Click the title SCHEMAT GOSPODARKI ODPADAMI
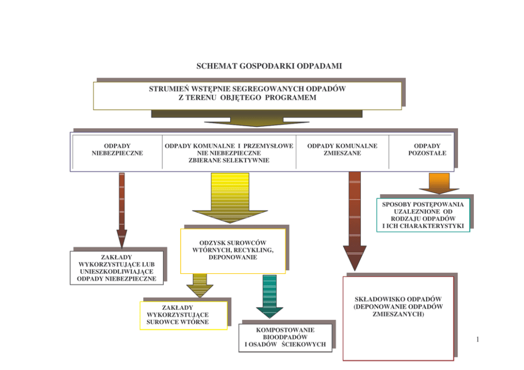pos(269,67)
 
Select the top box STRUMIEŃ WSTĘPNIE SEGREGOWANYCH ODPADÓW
pos(247,94)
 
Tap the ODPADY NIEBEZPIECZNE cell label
pos(117,149)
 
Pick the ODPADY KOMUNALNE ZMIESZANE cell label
pos(342,149)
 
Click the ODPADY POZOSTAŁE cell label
pos(427,149)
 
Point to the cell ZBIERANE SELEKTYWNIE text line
pos(229,160)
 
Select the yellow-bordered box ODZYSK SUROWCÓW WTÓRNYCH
pos(233,250)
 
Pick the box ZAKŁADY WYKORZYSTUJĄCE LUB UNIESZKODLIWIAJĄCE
pos(117,268)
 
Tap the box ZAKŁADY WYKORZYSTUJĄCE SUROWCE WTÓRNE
pos(183,315)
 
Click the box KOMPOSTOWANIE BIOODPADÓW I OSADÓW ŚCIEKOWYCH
pos(285,338)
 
